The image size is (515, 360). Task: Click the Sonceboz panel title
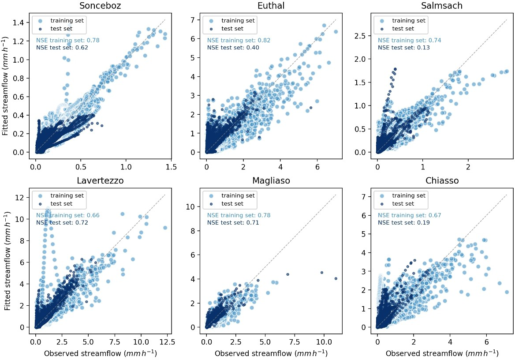pos(101,6)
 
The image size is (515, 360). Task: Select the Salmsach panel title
pos(441,6)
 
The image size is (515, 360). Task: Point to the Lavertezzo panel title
pos(101,181)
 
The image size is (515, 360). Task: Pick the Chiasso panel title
pos(441,181)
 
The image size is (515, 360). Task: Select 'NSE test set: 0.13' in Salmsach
pos(403,48)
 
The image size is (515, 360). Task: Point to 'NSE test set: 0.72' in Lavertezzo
pos(62,223)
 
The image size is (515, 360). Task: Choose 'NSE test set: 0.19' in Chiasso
pos(403,223)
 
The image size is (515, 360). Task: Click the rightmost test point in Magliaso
pos(336,278)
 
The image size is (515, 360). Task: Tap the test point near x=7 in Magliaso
pos(287,274)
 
